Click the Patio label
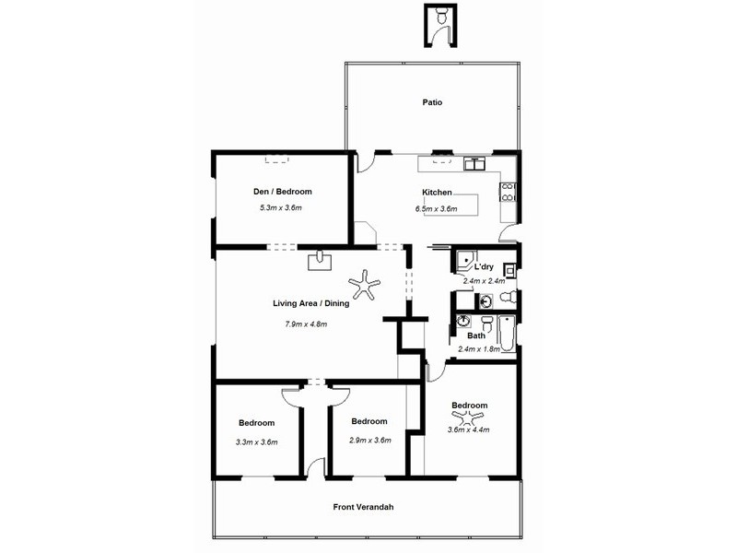click(432, 102)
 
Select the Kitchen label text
click(436, 192)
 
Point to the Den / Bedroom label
click(283, 192)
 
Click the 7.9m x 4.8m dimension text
click(307, 324)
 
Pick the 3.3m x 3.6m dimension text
click(257, 441)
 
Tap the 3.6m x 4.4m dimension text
click(468, 429)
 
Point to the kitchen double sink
click(474, 165)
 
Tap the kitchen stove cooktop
click(506, 193)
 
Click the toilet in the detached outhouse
click(441, 16)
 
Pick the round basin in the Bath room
click(464, 323)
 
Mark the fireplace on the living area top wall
click(320, 259)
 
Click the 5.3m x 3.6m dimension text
click(281, 208)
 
